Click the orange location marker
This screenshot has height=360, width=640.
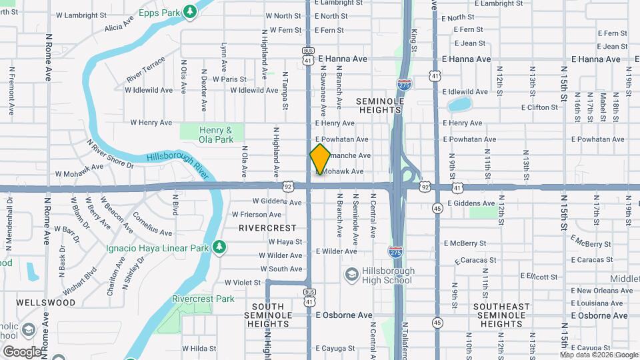[320, 159]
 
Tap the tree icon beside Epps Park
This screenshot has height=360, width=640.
[191, 11]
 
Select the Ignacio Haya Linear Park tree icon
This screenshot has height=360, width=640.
[219, 248]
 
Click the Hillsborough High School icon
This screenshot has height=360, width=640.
[351, 275]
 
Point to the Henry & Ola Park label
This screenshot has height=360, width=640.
[216, 135]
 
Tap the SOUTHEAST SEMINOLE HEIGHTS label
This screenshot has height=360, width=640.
[501, 315]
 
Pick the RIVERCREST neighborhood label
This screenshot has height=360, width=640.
[268, 227]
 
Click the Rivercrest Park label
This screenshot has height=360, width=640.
[203, 299]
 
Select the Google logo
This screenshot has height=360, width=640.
[21, 351]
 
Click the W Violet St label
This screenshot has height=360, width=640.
[243, 283]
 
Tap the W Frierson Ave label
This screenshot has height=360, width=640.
[257, 215]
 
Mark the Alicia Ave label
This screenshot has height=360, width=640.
[119, 27]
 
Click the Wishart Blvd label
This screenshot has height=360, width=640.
[80, 281]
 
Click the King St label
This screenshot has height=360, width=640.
[414, 41]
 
